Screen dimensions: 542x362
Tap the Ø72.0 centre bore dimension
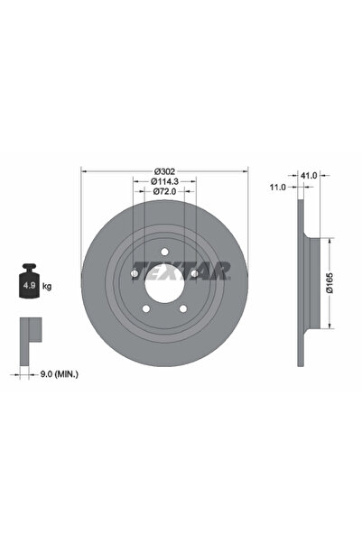click(164, 191)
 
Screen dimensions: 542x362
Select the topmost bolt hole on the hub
click(163, 253)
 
